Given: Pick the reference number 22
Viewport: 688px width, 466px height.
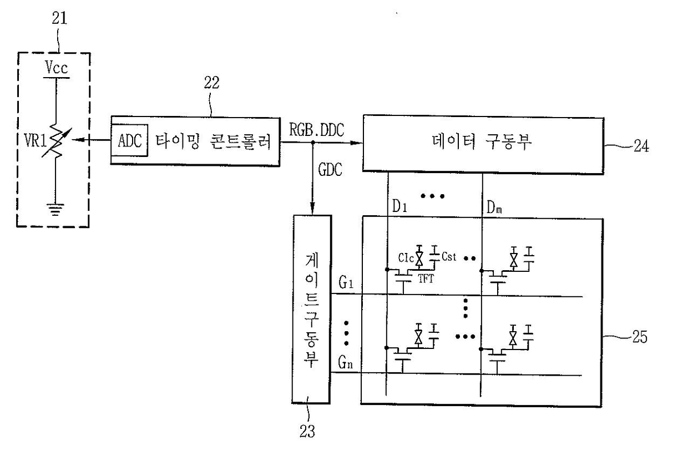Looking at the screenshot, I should tap(211, 83).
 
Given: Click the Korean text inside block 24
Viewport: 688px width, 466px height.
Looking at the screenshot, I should tap(482, 142).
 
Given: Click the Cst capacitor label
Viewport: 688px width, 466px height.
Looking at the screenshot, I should tap(449, 256).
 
